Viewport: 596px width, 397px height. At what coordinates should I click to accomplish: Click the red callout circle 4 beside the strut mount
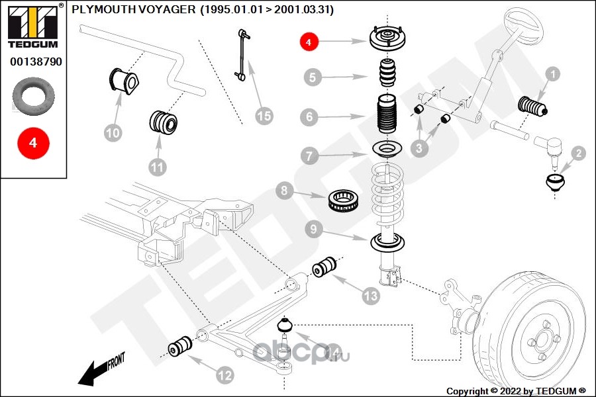309,42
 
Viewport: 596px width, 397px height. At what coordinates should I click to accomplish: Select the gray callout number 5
313,77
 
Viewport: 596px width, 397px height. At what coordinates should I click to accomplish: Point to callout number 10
113,133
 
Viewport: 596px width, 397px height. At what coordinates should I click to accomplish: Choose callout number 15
264,116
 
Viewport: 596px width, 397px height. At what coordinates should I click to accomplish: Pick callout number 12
225,375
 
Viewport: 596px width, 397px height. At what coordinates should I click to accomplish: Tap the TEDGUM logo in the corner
33,26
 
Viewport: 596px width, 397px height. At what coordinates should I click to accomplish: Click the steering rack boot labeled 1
533,107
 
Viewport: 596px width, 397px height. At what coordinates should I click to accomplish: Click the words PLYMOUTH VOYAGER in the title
133,10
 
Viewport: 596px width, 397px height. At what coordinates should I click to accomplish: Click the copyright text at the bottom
516,390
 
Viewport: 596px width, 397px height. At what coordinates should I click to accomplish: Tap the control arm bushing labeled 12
180,345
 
